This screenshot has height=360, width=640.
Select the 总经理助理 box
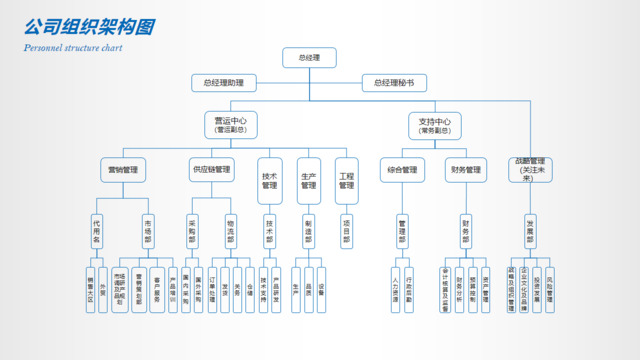point(223,83)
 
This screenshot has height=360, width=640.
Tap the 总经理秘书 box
point(394,83)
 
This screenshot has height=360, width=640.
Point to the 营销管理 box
point(123,170)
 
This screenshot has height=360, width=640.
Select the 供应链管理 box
point(211,170)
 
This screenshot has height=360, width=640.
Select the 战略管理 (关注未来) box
point(530,169)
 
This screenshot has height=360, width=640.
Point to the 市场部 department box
point(148,230)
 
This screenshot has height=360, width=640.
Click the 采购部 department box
point(193,230)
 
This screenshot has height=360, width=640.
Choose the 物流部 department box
point(231,230)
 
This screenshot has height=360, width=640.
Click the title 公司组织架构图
point(89,26)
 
